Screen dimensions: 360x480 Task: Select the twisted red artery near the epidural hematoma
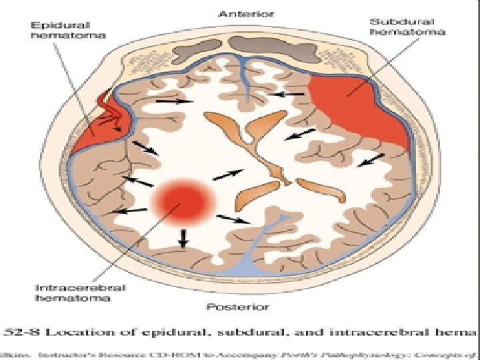pos(109,113)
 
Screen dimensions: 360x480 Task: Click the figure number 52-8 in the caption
pos(26,331)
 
